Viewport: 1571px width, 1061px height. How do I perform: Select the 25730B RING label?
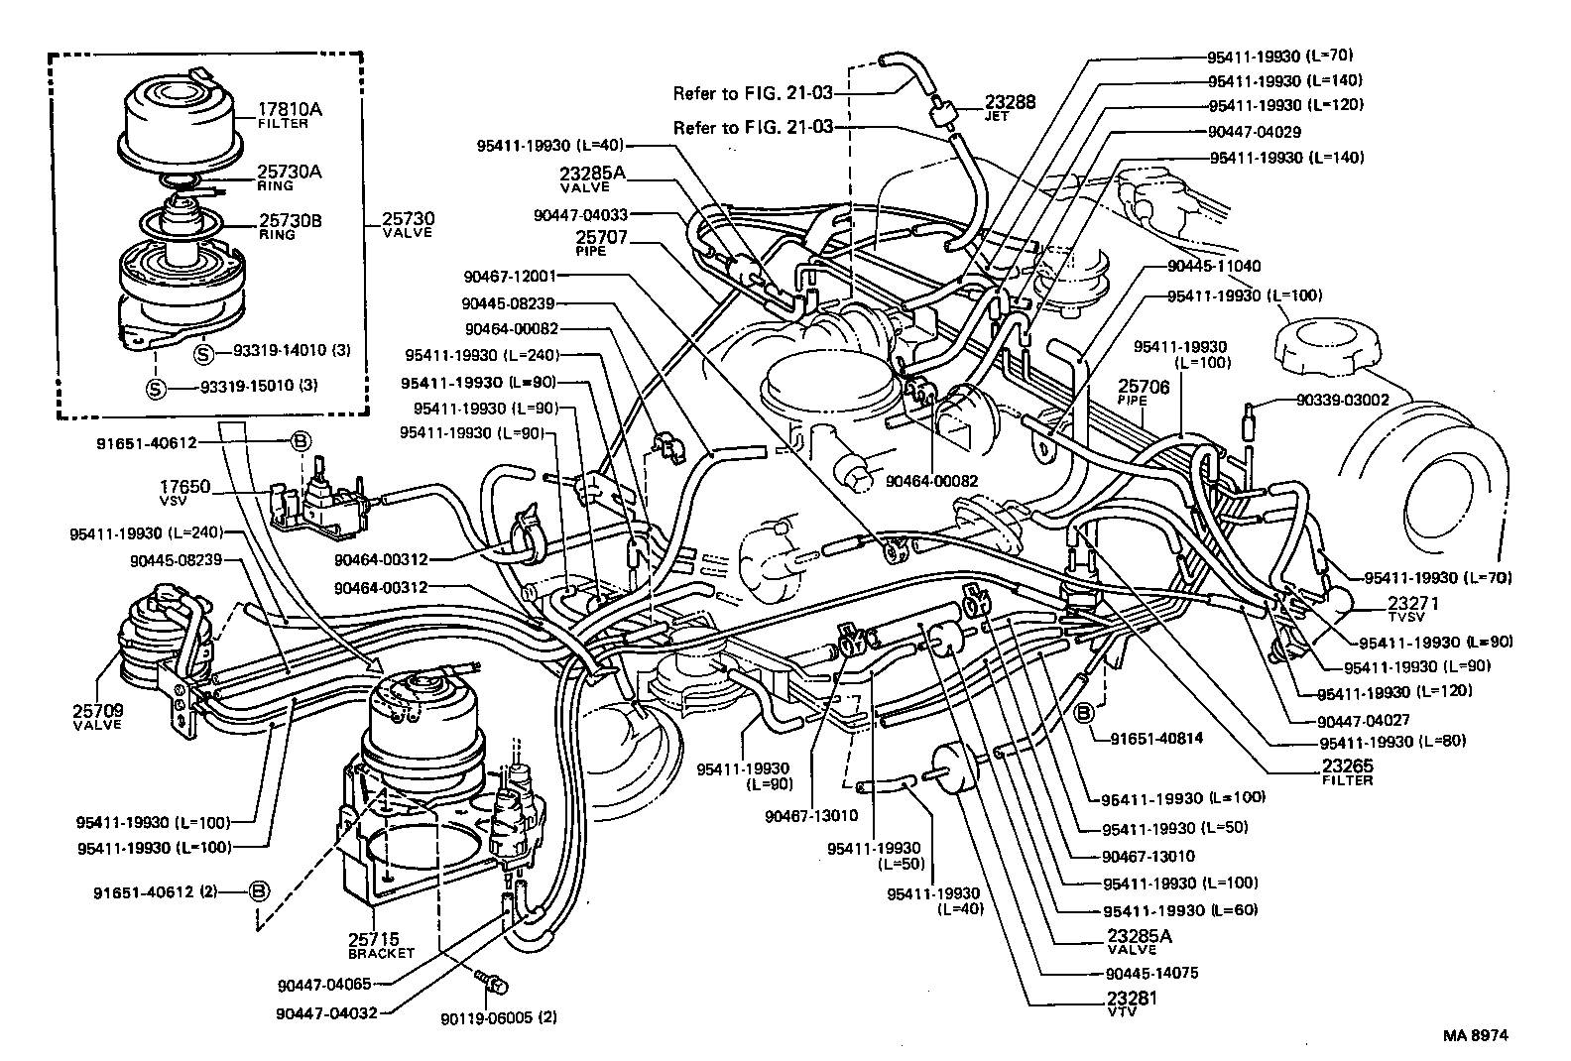coord(290,225)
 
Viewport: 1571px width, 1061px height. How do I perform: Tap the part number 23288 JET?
coord(1010,106)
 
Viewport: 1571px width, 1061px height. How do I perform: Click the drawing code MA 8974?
coord(1475,1035)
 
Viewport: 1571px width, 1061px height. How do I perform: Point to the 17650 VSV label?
coord(185,492)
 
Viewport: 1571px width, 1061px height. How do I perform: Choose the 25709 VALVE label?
coord(97,716)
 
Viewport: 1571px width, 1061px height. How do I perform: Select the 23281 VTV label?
coord(1131,1002)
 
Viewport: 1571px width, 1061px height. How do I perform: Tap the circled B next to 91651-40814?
coord(1085,711)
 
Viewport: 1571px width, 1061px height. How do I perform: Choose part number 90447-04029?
coord(1254,131)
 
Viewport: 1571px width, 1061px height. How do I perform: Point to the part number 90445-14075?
coord(1150,973)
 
